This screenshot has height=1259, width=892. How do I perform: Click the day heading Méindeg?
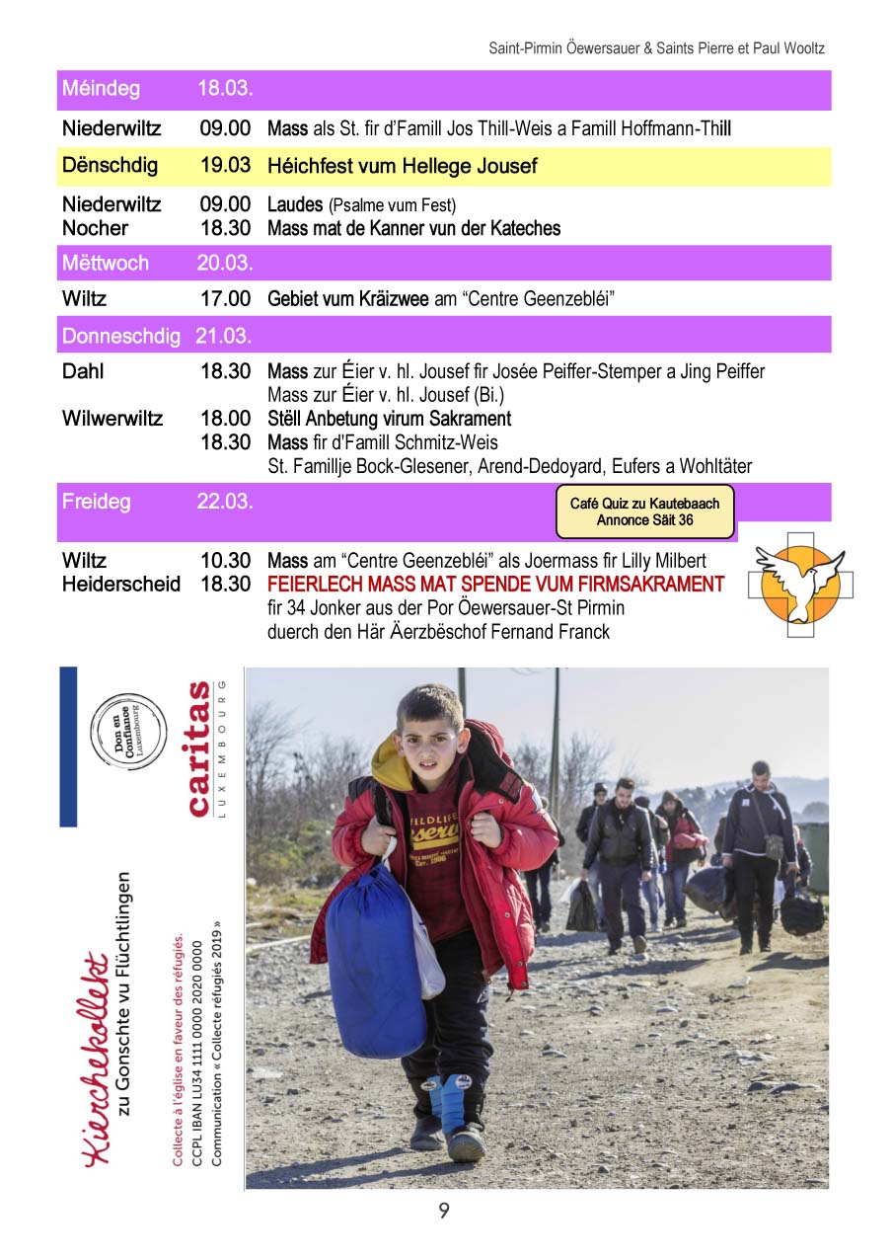click(101, 89)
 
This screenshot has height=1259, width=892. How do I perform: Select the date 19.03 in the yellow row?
click(225, 166)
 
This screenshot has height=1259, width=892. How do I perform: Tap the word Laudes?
click(295, 205)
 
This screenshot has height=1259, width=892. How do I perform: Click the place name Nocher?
click(95, 228)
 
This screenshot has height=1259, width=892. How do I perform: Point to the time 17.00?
click(225, 298)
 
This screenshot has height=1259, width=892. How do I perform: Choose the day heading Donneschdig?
click(120, 336)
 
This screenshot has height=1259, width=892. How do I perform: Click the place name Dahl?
click(83, 371)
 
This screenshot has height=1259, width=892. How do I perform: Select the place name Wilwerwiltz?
click(112, 418)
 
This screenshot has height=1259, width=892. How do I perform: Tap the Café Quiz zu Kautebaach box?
click(645, 511)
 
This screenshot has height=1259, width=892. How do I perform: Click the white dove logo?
click(800, 582)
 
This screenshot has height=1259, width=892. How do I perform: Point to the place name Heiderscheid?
click(121, 584)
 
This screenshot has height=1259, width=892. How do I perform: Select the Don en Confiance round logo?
click(128, 728)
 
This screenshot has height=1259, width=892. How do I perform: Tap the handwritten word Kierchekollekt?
click(95, 1057)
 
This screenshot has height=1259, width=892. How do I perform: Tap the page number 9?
click(444, 1210)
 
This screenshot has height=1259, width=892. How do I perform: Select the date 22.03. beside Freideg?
click(225, 502)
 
